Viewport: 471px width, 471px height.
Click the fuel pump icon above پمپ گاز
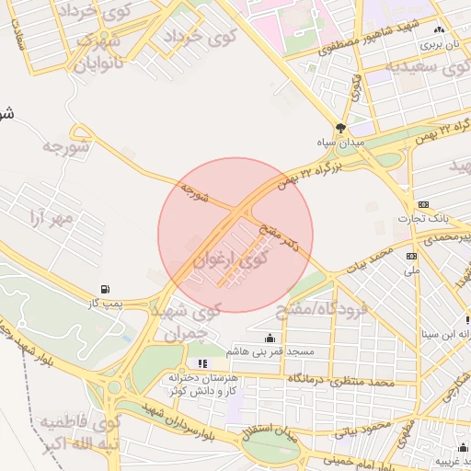coord(111,288)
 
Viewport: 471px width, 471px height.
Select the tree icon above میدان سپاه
coord(341,129)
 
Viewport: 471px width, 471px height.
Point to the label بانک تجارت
coord(422,218)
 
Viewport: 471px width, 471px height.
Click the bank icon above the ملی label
coord(411,256)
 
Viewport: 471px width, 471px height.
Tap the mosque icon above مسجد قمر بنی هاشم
coord(269,338)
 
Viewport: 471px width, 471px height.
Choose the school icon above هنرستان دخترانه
coord(202,364)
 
